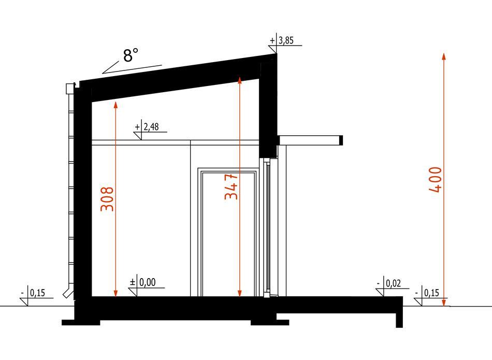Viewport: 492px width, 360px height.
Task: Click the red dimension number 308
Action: point(107,199)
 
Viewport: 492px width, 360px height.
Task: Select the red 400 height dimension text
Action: point(435,180)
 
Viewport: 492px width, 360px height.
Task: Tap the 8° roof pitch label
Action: point(131,55)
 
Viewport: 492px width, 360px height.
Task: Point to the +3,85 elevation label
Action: point(282,40)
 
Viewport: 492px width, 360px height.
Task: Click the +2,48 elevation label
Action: point(147,127)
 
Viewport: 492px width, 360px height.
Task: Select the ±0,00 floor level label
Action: point(143,282)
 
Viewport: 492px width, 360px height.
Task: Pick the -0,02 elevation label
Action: point(389,283)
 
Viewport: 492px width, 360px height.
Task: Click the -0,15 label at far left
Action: point(33,293)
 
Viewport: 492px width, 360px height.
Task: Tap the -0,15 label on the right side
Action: point(427,293)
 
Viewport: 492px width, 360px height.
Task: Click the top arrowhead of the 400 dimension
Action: point(444,56)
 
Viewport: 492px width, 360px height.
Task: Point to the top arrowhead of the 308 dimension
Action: point(115,105)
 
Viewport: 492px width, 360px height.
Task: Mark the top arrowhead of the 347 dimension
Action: point(240,80)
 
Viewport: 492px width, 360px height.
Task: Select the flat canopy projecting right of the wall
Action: point(310,140)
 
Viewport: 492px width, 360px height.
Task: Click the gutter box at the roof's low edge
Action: point(69,89)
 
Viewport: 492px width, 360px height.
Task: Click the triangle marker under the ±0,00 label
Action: point(133,292)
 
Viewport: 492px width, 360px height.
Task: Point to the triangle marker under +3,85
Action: point(272,50)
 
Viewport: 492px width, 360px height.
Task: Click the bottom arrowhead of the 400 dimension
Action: point(444,303)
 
